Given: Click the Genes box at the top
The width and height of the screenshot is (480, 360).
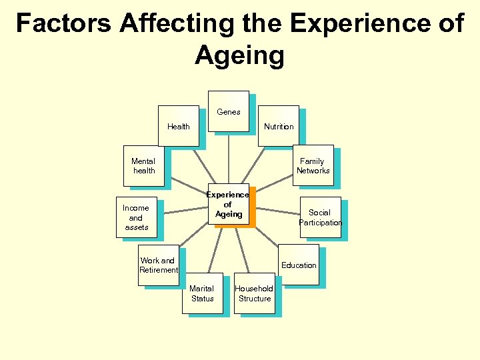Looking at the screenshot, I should pos(229,111).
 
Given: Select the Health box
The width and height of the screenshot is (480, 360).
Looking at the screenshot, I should pos(179,126).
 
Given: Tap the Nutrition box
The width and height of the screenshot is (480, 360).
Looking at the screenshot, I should pos(278,126).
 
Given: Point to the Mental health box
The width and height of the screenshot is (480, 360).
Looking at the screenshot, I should pos(143,166).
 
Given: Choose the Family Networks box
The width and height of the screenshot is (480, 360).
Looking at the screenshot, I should pos(313,165).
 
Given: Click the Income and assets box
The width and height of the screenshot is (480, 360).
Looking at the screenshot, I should pos(136,217).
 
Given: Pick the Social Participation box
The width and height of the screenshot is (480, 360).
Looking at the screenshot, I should pos(320,217).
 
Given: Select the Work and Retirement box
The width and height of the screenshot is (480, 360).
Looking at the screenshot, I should pos(159,265).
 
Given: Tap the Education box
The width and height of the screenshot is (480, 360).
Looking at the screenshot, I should pos(299,265).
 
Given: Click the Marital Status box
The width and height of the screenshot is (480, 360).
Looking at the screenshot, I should pos(202,293).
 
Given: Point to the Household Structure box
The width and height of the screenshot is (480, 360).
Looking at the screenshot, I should pos(254,293).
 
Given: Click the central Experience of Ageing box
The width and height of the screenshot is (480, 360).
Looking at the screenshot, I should pos(229,205).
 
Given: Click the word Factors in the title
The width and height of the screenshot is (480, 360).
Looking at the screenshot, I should pos(64,23).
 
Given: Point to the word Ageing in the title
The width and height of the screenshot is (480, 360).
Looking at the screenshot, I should pos(239,56).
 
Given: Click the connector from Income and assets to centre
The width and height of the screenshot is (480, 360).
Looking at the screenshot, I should pos(186,210).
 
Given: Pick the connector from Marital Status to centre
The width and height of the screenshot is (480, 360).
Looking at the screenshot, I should pos(213,250).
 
